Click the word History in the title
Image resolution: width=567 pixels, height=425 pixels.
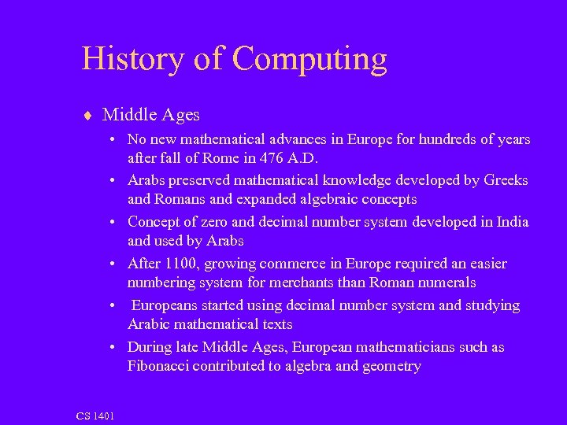point(131,59)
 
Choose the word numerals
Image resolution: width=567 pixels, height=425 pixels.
point(449,283)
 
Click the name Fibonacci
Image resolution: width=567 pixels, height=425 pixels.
point(162,366)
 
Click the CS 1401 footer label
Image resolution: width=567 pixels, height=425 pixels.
point(94,416)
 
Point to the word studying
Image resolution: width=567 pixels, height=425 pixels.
point(491,305)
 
